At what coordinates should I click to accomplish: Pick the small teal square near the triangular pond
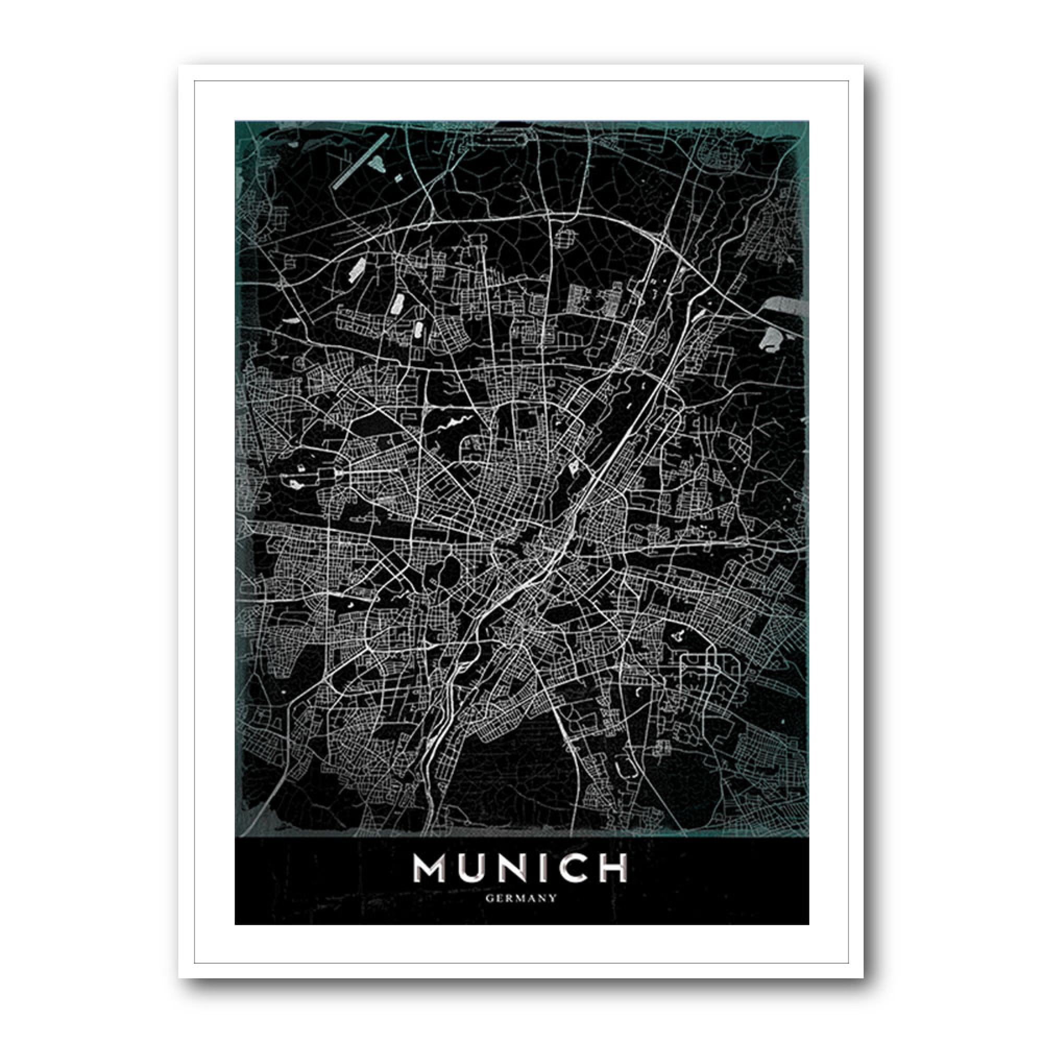tap(398, 177)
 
